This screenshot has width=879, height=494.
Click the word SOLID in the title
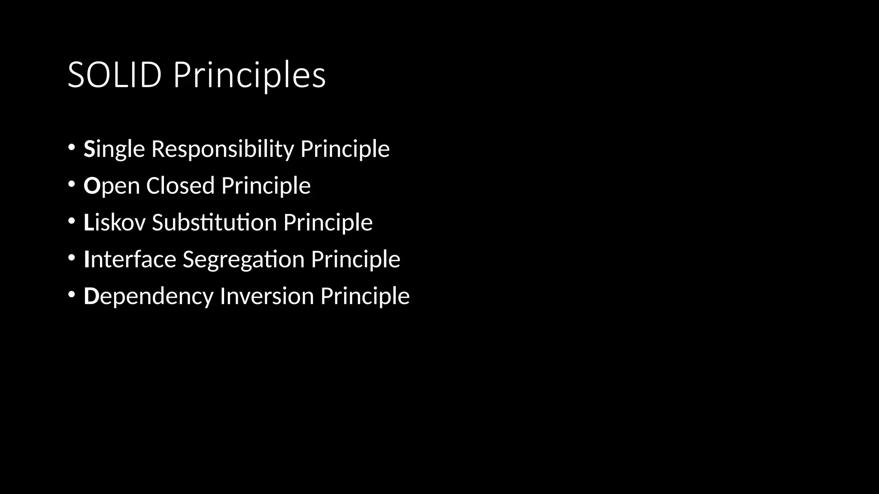115,75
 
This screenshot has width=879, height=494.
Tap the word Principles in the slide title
249,76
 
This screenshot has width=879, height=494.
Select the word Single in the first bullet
114,149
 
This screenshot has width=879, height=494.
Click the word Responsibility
222,149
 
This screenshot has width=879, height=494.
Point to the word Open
112,186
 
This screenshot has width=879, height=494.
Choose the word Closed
180,185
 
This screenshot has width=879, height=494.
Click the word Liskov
115,222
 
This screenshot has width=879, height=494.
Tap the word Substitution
214,222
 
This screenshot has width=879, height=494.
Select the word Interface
130,259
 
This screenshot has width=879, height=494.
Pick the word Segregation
243,260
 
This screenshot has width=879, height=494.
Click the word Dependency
149,297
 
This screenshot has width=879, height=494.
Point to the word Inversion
267,296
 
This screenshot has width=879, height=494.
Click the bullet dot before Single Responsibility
71,148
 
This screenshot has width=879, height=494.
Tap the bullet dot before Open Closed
71,184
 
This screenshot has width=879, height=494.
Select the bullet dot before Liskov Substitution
71,221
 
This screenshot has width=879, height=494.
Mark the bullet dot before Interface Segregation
71,258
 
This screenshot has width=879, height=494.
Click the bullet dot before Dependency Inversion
71,295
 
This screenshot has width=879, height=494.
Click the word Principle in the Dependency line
365,296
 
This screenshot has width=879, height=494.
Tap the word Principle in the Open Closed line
266,186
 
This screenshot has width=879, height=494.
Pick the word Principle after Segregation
355,259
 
